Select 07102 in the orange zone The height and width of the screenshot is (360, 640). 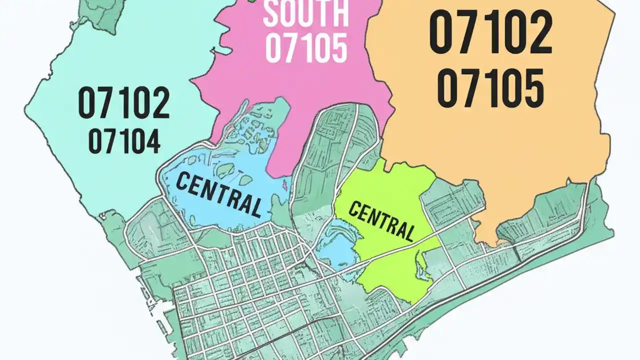coord(490,34)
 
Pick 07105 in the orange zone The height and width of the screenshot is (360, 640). coord(490,88)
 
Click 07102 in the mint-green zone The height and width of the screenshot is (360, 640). coord(124,102)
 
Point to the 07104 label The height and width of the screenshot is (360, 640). coord(124,141)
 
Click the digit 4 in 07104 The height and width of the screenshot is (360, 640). coord(151,141)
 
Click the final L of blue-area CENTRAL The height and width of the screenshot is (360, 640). coord(255,207)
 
